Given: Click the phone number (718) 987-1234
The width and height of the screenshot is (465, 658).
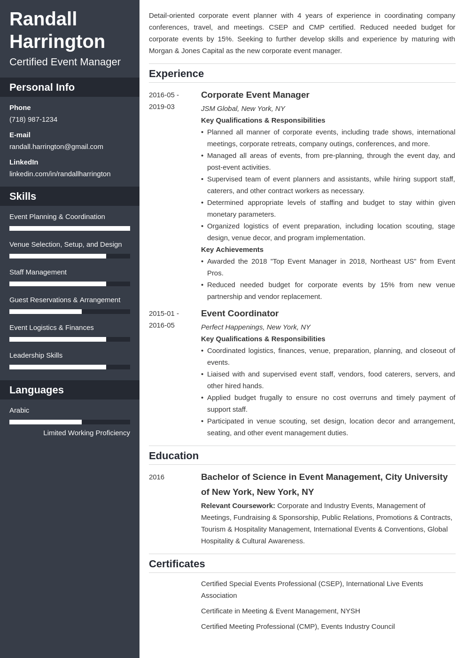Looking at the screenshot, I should (33, 119).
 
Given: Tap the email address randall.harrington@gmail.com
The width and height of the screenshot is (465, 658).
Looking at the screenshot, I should (56, 147).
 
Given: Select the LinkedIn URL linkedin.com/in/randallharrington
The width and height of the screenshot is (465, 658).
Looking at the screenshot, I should (60, 174).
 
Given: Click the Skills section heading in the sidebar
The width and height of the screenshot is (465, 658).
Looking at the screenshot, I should (23, 196).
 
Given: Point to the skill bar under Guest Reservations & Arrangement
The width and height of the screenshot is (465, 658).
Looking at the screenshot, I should (70, 312).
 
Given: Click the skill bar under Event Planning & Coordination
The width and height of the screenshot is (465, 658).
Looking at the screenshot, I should (70, 228).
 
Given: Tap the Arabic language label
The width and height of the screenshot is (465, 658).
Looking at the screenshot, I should (19, 410).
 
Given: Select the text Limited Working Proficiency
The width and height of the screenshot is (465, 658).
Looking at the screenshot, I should (86, 433).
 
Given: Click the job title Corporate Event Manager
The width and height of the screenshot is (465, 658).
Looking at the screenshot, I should (255, 95).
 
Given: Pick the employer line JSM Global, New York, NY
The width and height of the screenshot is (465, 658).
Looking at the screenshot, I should (243, 109).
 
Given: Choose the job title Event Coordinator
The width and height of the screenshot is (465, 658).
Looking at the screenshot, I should (240, 313).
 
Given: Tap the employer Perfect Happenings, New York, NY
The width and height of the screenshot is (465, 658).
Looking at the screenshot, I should (256, 327).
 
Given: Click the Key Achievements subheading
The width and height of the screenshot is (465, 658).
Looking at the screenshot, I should (232, 250).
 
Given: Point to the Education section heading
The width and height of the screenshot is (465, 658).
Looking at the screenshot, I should (174, 456).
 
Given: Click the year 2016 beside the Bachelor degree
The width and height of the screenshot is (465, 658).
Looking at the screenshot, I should (157, 477).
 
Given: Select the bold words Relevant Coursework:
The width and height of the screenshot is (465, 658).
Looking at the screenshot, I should (238, 506).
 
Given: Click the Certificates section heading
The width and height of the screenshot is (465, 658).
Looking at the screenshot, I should (177, 564).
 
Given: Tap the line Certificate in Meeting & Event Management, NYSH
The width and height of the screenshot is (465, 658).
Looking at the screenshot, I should (280, 611).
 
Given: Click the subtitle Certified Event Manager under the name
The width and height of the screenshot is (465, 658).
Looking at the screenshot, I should (65, 62).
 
